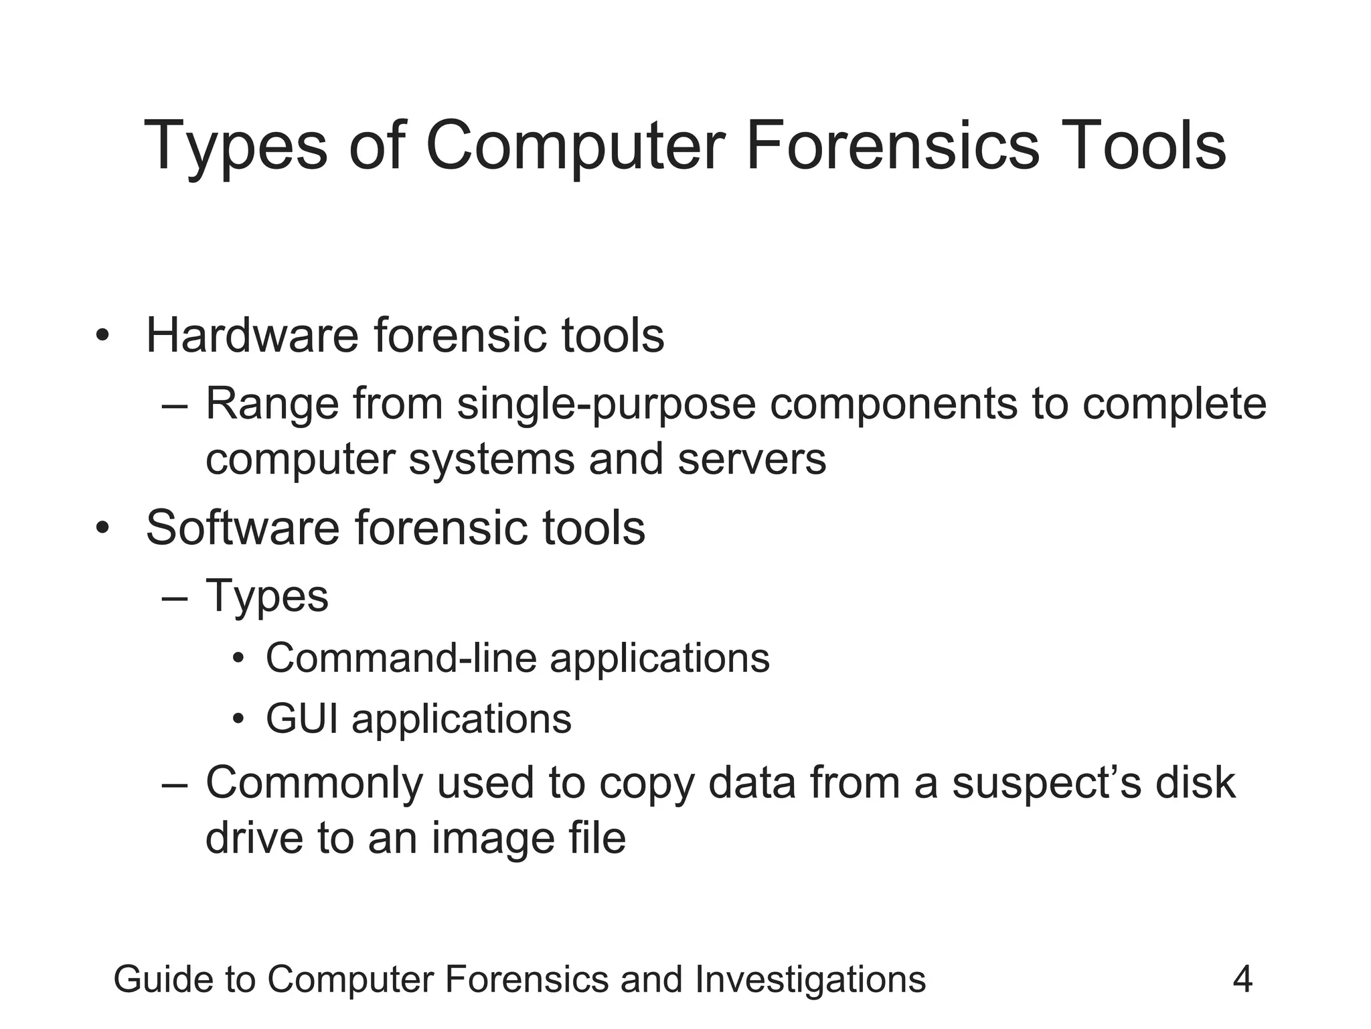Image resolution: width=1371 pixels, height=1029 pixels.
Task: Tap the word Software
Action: (242, 528)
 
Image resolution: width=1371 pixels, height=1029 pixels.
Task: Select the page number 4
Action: (1242, 979)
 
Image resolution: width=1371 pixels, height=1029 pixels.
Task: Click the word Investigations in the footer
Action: (810, 979)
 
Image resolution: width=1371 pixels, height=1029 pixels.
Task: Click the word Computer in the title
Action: (575, 145)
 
